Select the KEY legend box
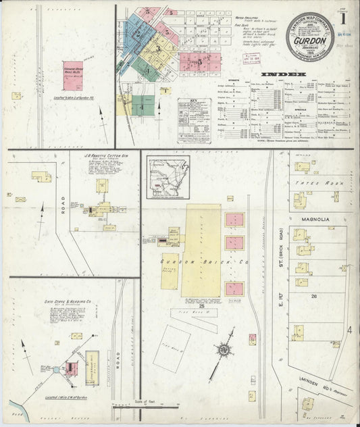point(195,120)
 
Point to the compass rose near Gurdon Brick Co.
point(222,351)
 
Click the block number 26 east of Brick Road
point(313,295)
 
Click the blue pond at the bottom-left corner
point(15,408)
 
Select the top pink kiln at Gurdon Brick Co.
point(234,220)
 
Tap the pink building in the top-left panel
point(72,71)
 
